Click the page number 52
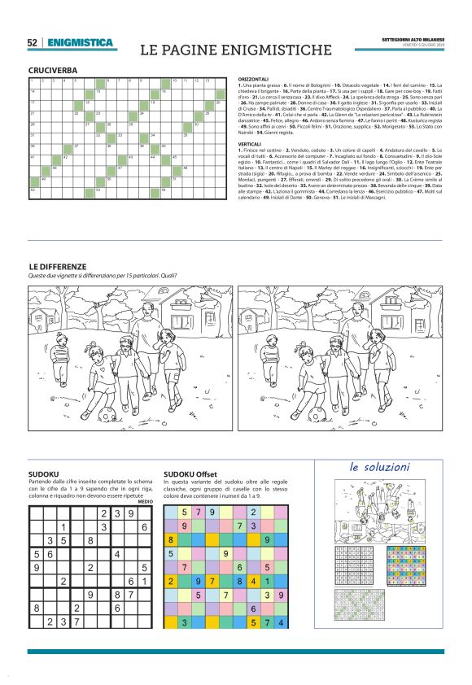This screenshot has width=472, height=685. [33, 42]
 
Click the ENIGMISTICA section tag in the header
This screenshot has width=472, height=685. [80, 42]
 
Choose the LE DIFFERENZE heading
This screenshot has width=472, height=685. [57, 266]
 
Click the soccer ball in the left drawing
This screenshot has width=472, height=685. [106, 415]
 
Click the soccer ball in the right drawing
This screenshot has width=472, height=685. [316, 415]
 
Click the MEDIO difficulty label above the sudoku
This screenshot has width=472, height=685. [146, 501]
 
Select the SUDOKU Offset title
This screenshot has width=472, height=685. [190, 473]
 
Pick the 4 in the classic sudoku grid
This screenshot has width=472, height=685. [118, 554]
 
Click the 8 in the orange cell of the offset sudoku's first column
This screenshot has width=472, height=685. [170, 539]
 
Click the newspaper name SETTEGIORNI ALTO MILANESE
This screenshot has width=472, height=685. [413, 39]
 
